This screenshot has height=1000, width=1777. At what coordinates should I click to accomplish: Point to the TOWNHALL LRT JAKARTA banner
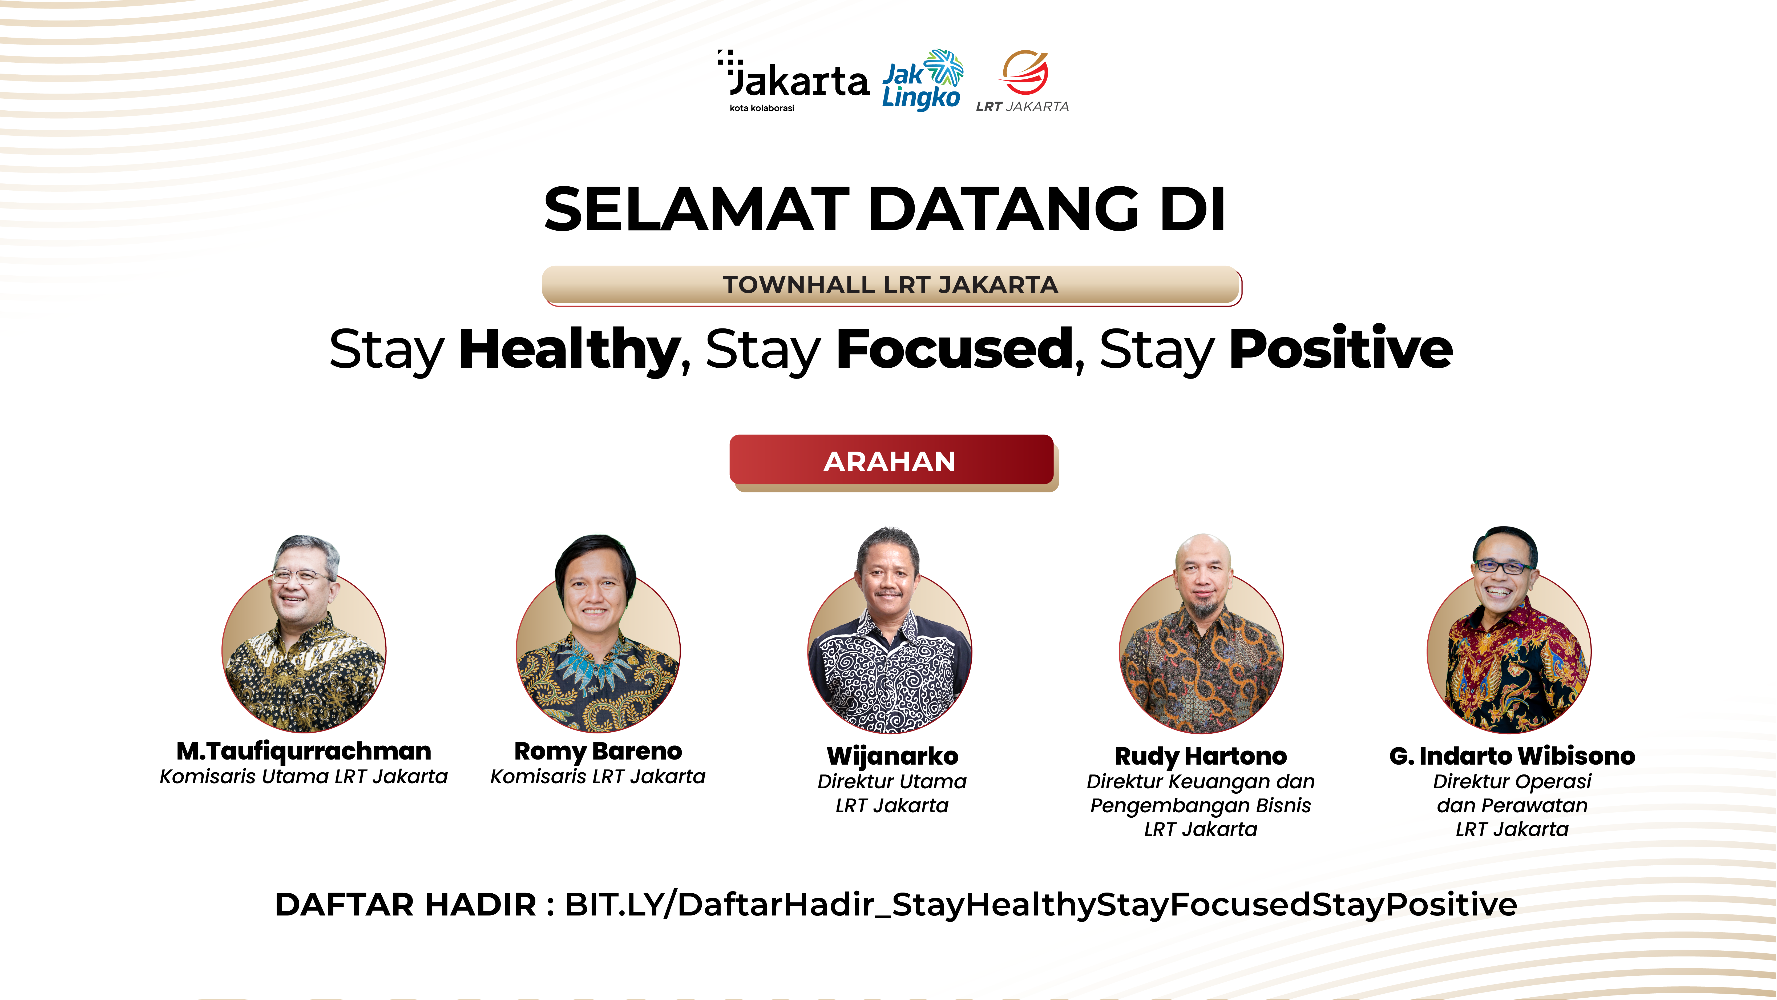891,285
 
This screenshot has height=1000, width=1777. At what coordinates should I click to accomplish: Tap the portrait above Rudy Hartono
1201,633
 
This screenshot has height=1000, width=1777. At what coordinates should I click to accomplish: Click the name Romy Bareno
598,751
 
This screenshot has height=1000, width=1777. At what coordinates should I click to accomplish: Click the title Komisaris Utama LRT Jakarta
304,777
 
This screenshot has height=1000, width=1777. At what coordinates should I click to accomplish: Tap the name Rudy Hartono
1201,756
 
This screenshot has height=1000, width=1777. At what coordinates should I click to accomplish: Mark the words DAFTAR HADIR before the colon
406,905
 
